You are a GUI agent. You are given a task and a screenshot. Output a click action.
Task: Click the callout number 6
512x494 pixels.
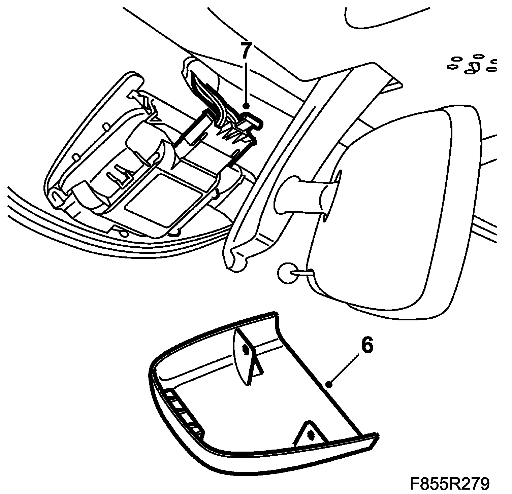pos(367,346)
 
